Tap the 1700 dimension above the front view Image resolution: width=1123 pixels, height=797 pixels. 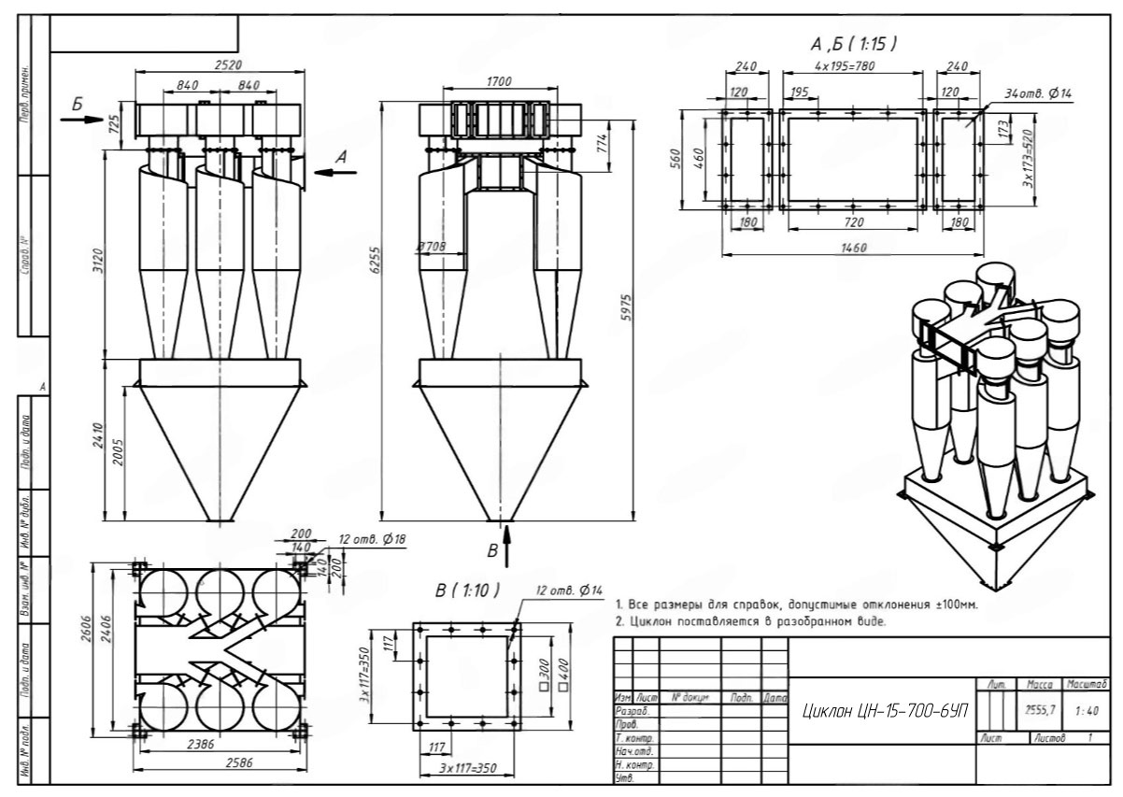[499, 82]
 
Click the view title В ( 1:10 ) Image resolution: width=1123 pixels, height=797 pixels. [467, 591]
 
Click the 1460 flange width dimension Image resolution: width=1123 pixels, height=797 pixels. [853, 248]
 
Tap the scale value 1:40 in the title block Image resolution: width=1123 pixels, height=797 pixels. [1087, 711]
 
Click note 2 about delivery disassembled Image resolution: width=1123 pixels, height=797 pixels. [750, 621]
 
